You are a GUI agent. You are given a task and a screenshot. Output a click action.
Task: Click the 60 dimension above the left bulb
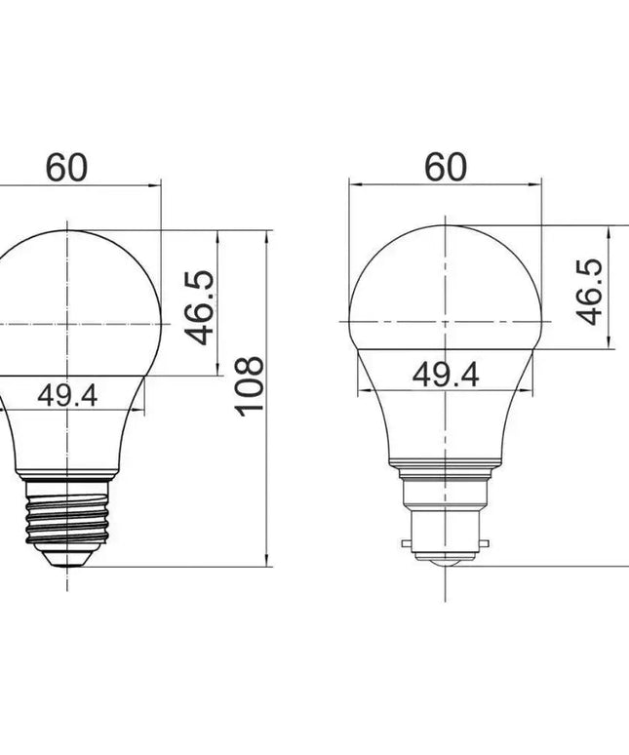point(66,168)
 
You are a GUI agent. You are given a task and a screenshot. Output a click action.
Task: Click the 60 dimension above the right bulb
point(446,168)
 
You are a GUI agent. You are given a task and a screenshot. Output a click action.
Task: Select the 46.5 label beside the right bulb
point(589,292)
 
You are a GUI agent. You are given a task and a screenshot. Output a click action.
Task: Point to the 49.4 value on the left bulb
point(67,396)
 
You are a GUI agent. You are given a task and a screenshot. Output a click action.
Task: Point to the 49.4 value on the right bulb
point(446,374)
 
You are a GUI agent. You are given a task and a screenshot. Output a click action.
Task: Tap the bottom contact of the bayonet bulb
point(446,563)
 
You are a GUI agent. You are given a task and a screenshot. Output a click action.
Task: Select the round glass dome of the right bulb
point(446,283)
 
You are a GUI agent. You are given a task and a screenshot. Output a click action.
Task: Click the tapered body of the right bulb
point(446,419)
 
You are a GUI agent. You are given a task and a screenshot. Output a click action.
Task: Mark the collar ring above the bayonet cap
point(446,465)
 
